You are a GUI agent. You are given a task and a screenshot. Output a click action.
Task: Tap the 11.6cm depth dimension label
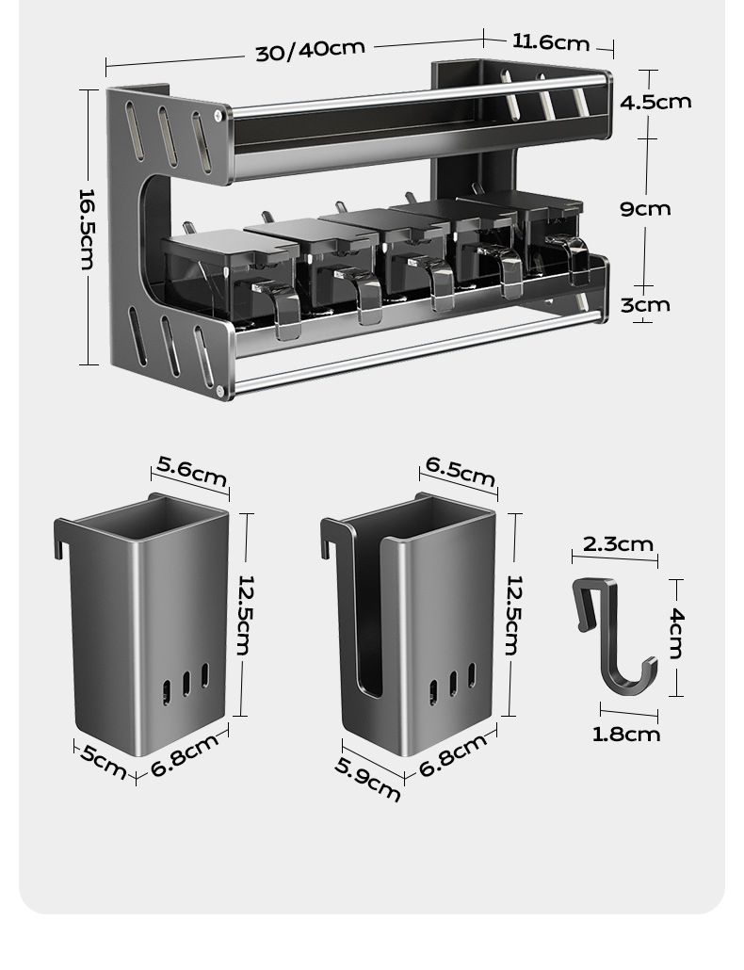(x=551, y=42)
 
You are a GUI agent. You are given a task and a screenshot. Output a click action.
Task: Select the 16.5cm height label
(x=88, y=230)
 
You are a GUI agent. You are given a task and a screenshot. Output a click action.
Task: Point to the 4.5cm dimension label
(x=655, y=102)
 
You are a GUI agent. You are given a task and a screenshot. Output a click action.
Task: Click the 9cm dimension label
(x=645, y=209)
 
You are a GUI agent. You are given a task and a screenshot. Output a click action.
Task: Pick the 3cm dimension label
(x=645, y=305)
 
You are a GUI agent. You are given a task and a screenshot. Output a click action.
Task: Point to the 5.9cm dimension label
(x=367, y=779)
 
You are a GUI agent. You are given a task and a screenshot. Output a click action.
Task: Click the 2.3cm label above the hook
(x=618, y=544)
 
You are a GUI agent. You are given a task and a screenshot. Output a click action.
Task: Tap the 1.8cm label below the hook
(x=626, y=735)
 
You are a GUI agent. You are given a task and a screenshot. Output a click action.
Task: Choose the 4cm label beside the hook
(x=676, y=634)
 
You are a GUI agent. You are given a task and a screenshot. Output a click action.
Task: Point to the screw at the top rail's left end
(x=218, y=115)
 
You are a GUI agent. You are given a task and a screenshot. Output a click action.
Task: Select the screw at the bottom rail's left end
(x=219, y=390)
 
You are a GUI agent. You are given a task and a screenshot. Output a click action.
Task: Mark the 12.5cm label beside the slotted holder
(x=514, y=615)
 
